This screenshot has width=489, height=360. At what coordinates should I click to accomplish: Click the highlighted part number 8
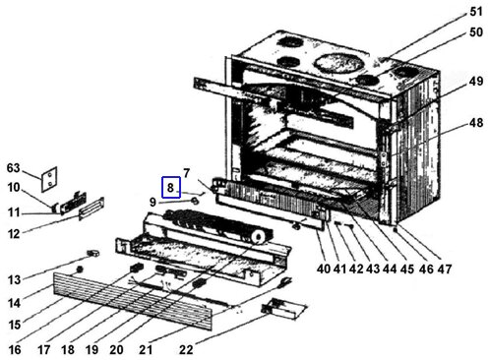170,188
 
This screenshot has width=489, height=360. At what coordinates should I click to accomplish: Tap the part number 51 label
476,12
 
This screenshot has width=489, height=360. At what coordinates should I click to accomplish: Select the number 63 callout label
14,168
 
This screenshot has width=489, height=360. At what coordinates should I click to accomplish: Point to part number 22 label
186,350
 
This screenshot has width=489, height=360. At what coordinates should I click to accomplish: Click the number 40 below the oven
324,269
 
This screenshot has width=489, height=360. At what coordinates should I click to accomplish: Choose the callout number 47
445,269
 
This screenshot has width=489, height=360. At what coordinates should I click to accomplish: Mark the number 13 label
14,280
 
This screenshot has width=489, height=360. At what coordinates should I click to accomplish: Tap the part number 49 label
476,81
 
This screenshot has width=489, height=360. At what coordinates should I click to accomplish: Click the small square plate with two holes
49,179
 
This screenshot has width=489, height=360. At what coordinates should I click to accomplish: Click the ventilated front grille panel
133,301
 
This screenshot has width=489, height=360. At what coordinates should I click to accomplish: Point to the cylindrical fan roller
218,226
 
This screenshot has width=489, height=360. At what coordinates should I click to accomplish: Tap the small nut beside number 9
195,201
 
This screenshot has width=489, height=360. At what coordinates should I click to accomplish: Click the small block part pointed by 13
92,253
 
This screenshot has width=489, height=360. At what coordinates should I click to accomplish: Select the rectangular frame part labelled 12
92,209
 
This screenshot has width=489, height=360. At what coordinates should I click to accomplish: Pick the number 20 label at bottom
116,350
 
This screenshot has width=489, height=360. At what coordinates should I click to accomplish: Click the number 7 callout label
186,173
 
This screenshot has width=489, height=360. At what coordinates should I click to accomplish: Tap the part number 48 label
476,123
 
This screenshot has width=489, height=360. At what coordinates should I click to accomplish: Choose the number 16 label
15,350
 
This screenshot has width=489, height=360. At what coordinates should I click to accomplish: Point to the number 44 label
390,269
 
